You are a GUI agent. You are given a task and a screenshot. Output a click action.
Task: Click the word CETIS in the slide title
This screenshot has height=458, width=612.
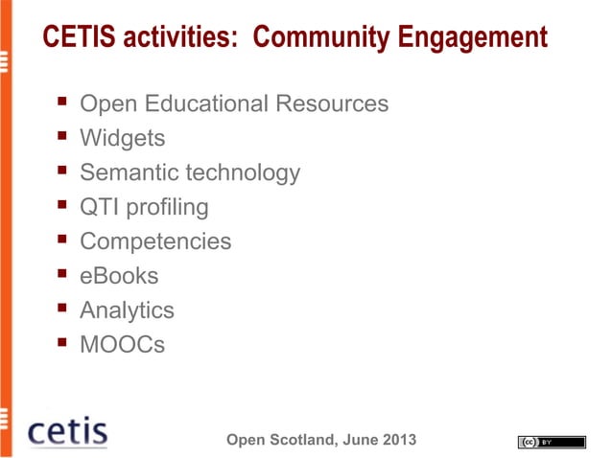coord(73,37)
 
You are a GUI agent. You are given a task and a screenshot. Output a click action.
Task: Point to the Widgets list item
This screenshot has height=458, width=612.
coord(122,139)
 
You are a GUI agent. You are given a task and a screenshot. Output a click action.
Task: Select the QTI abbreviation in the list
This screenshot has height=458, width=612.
coord(97,207)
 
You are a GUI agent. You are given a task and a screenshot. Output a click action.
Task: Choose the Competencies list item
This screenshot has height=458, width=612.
coord(155,241)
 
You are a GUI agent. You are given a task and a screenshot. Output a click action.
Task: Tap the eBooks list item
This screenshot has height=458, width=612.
coord(119,276)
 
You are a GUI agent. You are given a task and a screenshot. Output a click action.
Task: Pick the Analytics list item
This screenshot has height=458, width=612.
coord(127,310)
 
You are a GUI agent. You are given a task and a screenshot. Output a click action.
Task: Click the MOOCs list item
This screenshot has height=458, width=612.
coord(122,344)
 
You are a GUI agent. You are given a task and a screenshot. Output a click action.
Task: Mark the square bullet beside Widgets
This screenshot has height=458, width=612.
coord(61,139)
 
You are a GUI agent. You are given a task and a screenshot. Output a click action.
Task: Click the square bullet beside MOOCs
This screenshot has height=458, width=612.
coord(61,344)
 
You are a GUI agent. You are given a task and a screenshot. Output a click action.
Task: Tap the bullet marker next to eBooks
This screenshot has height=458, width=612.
coord(61,276)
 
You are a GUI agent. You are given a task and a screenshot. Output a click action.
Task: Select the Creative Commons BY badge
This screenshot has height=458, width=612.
coord(551,442)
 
